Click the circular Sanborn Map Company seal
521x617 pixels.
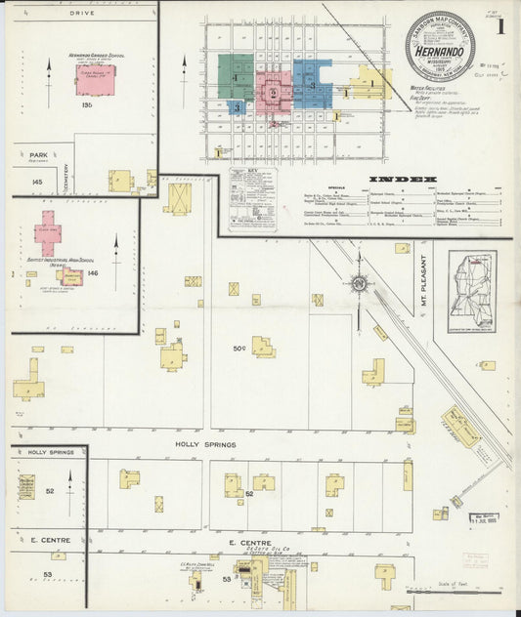pyautogui.click(x=439, y=45)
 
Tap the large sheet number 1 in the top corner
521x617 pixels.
pyautogui.click(x=500, y=27)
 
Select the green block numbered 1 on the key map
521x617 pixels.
pyautogui.click(x=236, y=70)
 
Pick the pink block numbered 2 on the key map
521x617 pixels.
pyautogui.click(x=274, y=94)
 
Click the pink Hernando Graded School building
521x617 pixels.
pyautogui.click(x=96, y=80)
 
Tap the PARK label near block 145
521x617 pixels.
pyautogui.click(x=39, y=155)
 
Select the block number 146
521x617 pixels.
pyautogui.click(x=93, y=274)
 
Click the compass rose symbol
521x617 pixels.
pyautogui.click(x=359, y=284)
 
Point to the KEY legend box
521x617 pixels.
pyautogui.click(x=253, y=199)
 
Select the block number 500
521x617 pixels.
pyautogui.click(x=239, y=349)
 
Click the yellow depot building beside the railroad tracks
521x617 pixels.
pyautogui.click(x=459, y=427)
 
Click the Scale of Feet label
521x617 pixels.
pyautogui.click(x=483, y=584)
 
